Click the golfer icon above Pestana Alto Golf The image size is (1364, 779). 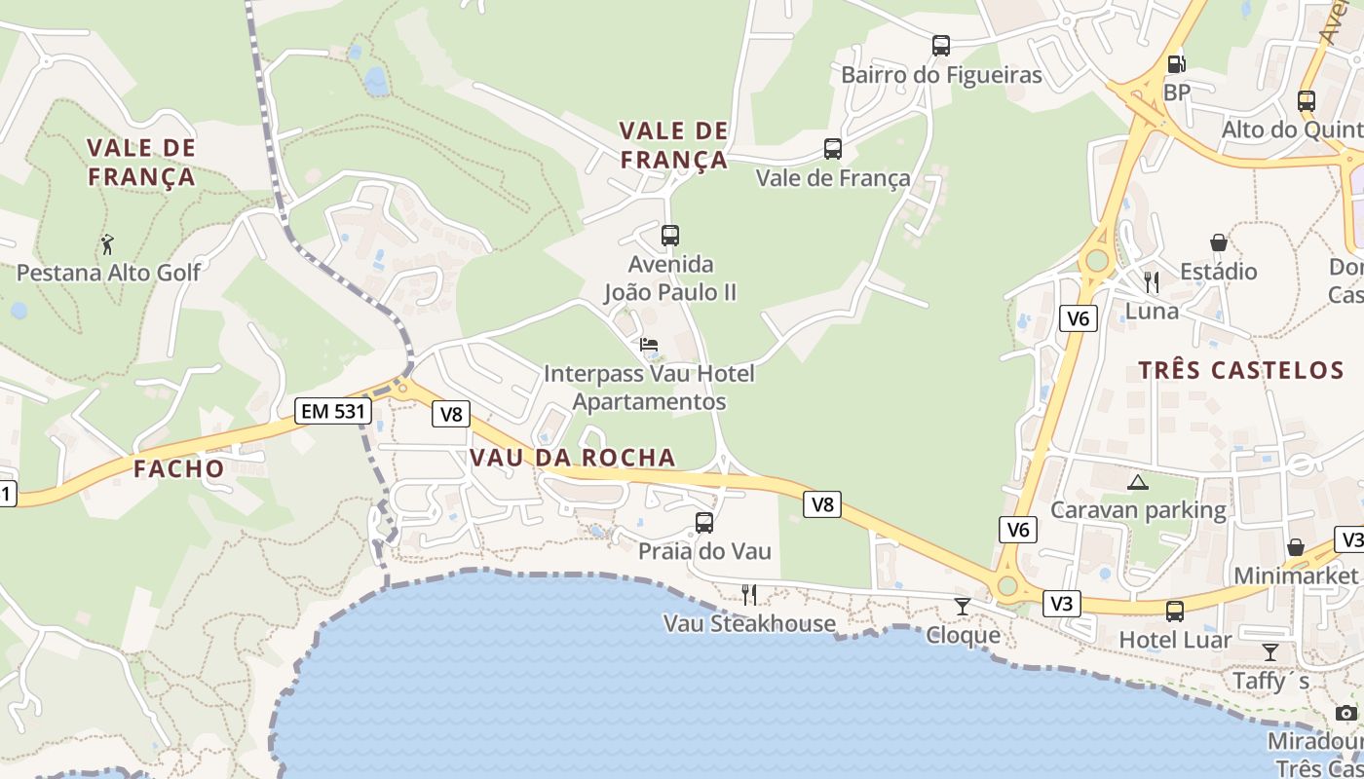(108, 244)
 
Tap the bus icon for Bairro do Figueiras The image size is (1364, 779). (940, 46)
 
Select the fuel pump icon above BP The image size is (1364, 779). (1177, 64)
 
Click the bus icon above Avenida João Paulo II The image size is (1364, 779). (670, 235)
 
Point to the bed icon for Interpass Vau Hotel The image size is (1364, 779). (649, 345)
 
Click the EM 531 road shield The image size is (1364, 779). (333, 411)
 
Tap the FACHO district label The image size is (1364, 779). (179, 468)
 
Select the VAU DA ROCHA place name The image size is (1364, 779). (573, 458)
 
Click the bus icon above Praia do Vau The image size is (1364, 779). (704, 523)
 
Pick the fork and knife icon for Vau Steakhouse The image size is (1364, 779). (749, 594)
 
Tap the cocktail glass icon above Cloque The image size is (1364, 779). (963, 607)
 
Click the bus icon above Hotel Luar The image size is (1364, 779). (1175, 612)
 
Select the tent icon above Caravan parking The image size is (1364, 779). (1138, 482)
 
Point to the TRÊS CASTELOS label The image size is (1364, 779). (1241, 370)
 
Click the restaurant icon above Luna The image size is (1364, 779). (1152, 282)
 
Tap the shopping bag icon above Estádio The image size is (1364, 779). (1218, 242)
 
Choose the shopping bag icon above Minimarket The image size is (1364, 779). (1296, 547)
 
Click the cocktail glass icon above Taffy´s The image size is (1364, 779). (1270, 651)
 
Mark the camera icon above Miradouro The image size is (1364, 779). (1346, 713)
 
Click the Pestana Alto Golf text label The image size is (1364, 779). (108, 273)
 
